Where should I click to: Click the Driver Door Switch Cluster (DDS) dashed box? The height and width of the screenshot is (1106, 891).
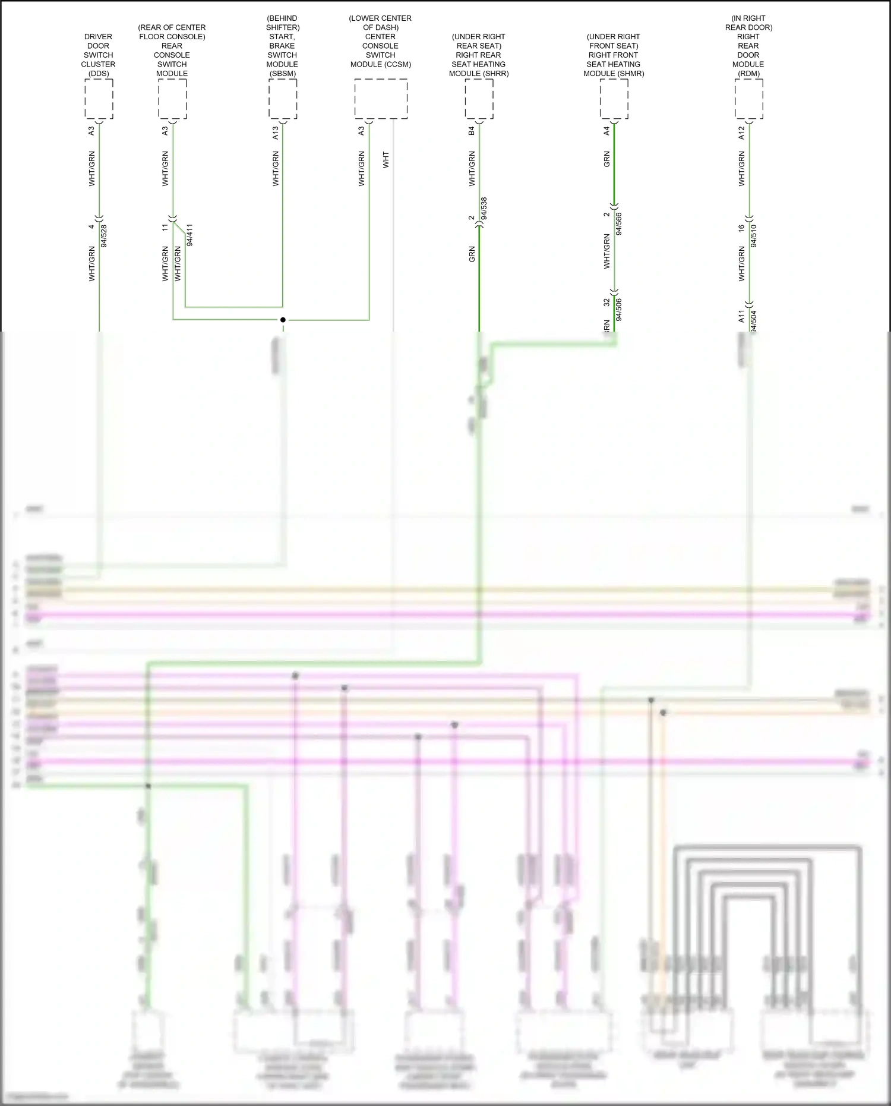click(x=99, y=99)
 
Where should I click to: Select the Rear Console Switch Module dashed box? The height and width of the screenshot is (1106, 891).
click(x=172, y=99)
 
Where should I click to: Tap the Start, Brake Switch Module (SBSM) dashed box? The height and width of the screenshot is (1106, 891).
click(x=283, y=99)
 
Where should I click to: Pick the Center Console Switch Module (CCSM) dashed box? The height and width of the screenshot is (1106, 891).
click(x=381, y=99)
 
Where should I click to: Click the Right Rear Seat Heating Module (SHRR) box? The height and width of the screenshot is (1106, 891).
click(x=479, y=99)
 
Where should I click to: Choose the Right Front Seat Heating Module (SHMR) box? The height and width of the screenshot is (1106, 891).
click(x=614, y=99)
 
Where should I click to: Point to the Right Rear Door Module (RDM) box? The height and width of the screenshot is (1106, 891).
click(x=748, y=99)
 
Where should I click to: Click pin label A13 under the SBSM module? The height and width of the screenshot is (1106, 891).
click(x=276, y=133)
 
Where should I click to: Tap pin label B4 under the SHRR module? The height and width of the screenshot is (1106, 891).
click(x=472, y=131)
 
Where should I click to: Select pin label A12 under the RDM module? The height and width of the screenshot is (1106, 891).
click(x=741, y=133)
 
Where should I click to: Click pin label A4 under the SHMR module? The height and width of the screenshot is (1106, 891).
click(x=606, y=131)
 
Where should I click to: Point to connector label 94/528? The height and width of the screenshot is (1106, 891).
click(x=105, y=235)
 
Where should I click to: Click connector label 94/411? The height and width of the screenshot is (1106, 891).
click(x=189, y=235)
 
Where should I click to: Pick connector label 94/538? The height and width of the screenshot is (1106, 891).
click(x=484, y=209)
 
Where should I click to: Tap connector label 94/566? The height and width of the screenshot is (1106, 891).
click(x=619, y=223)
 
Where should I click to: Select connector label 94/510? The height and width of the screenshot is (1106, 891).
click(x=754, y=235)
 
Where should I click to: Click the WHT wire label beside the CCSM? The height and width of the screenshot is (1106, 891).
click(x=386, y=160)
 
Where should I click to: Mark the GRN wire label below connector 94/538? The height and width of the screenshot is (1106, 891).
click(x=472, y=254)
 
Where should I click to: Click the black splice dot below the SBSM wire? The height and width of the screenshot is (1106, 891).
click(x=283, y=320)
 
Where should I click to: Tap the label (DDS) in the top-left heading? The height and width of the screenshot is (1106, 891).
click(x=99, y=74)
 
